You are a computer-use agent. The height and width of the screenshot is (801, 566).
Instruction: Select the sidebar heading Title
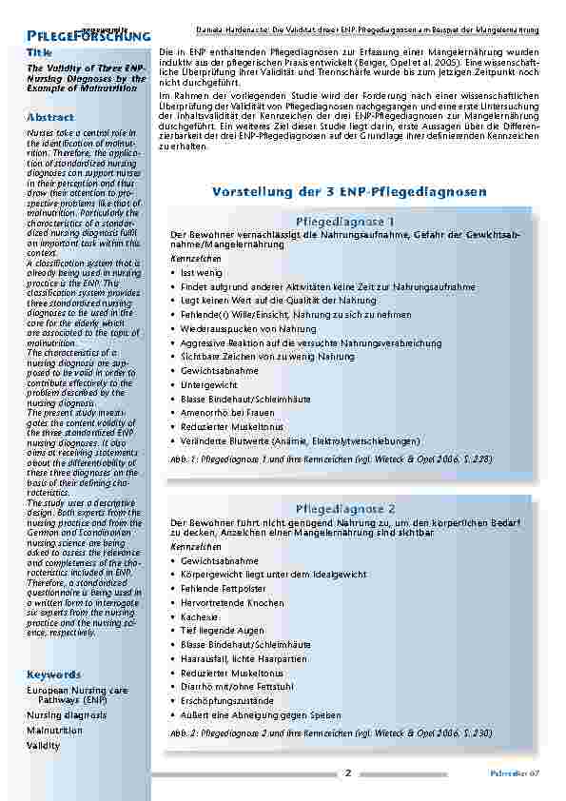(40, 51)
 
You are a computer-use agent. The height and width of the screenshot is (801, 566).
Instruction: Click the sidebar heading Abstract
(50, 116)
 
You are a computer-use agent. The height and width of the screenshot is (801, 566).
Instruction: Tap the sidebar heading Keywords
(53, 674)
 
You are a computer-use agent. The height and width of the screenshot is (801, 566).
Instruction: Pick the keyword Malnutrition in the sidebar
(54, 730)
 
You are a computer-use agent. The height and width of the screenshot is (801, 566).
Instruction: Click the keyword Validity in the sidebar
(43, 746)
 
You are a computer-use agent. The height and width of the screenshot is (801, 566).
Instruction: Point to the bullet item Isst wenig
(202, 272)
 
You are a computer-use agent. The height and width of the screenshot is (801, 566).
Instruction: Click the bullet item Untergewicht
(209, 384)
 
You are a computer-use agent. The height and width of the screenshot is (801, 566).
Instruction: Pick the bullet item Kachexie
(199, 616)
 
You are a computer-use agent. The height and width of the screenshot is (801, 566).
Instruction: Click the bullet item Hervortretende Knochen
(225, 602)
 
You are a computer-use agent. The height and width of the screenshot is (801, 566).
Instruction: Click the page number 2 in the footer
(348, 772)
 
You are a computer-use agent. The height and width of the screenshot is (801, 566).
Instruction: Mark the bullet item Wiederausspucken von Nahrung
(248, 328)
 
